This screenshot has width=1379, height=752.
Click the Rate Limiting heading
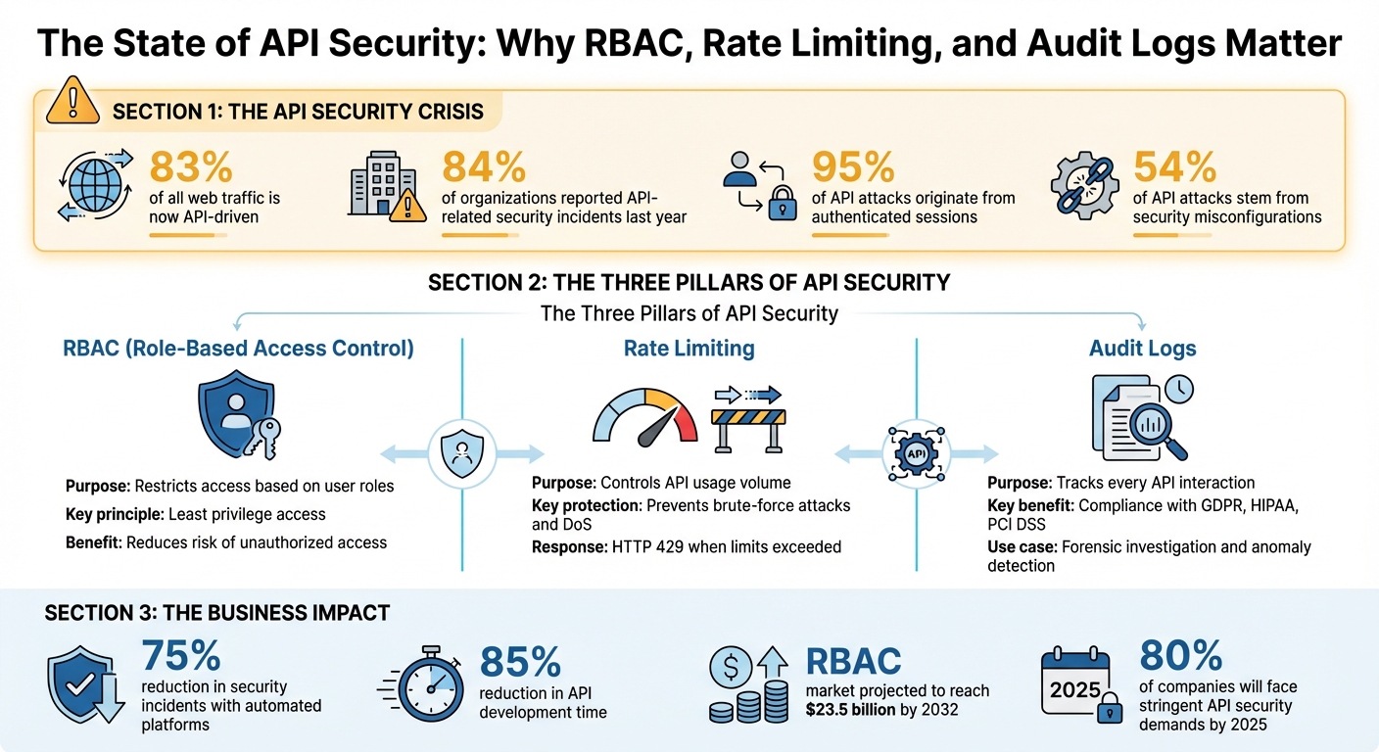tap(689, 349)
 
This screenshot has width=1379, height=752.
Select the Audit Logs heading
tap(1143, 349)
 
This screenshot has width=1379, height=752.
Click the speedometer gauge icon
tap(645, 417)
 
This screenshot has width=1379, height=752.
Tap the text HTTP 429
tap(644, 546)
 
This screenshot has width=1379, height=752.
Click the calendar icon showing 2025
tap(1075, 686)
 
